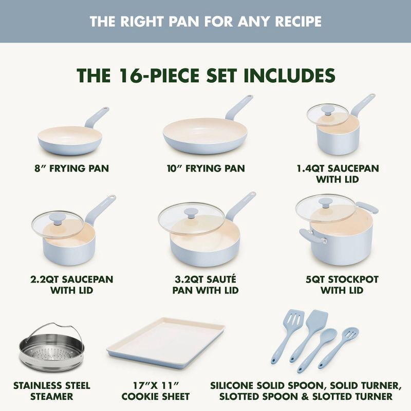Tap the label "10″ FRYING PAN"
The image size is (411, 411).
(206, 169)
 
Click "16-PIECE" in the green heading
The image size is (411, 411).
(165, 75)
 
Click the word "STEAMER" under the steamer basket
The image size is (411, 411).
(51, 396)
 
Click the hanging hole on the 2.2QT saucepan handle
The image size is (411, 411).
(111, 197)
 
